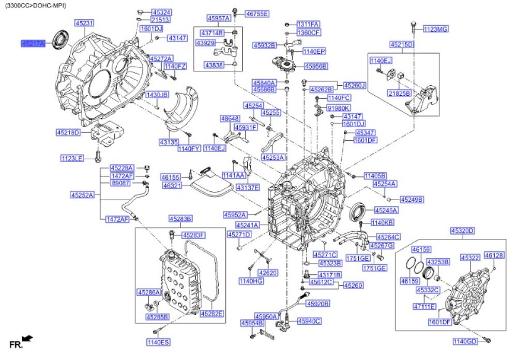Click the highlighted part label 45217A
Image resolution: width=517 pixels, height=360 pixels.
coord(33,43)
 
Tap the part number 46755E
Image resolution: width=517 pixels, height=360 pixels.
coord(257,13)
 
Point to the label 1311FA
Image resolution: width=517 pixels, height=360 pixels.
coord(308,24)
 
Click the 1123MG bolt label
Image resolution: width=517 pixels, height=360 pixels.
coord(435,29)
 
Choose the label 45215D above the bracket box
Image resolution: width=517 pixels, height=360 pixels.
coord(403,44)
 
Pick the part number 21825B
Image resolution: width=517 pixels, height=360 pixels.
coord(399,93)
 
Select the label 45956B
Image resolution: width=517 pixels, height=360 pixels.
coord(316,66)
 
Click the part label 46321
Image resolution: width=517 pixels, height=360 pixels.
coord(172,185)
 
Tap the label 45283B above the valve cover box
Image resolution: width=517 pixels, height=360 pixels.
coord(180,218)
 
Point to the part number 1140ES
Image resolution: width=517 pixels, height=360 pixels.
coord(158,342)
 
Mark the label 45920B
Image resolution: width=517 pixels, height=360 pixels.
coord(318,304)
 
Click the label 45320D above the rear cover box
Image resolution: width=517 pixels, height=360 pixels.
coord(463,231)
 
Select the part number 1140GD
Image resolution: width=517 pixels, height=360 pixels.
coord(465,341)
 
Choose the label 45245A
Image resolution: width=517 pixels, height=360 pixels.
coord(386,211)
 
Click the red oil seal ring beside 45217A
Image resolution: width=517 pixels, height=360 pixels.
coord(61,40)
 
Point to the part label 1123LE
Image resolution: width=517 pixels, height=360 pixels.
coord(71,158)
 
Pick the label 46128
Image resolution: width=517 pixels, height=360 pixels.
coord(494,256)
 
